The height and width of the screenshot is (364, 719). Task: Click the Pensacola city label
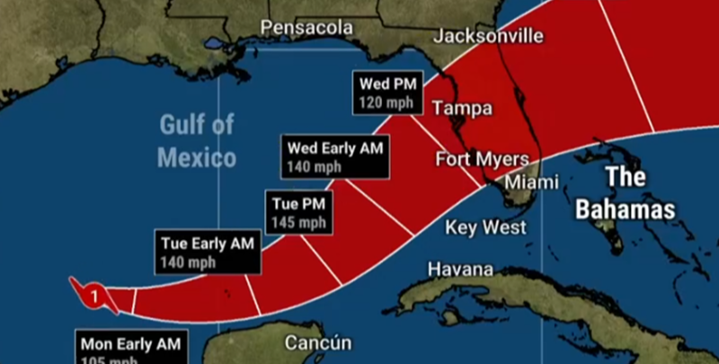coord(306,29)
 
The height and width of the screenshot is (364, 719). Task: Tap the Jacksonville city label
coord(488,36)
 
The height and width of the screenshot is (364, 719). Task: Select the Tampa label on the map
coord(463,109)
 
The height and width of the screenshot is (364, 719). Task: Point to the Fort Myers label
coord(482,160)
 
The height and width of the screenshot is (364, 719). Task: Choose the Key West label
coord(486,227)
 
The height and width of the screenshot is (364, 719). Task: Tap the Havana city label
coord(459,270)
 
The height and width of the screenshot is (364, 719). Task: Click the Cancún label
coord(318,343)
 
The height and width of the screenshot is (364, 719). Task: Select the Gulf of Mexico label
coord(197,141)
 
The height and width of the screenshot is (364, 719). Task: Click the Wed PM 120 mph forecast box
coord(386,93)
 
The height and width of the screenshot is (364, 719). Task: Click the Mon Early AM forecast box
coord(131,349)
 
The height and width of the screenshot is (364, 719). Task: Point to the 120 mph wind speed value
coord(386,102)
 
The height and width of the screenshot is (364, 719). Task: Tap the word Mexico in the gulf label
coord(197,158)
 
